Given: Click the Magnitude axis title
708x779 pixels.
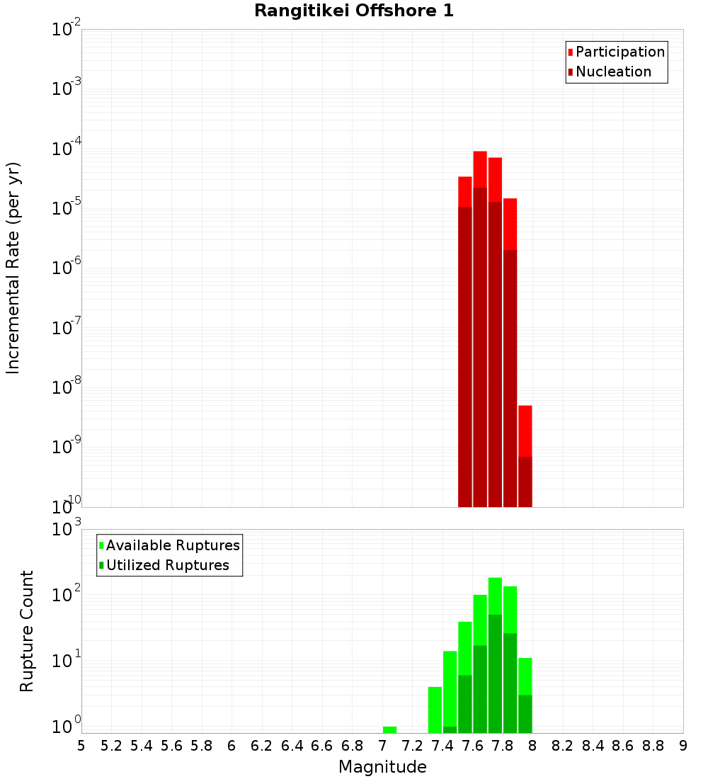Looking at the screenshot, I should tap(382, 767).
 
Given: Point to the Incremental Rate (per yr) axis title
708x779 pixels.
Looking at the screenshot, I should tap(14, 268).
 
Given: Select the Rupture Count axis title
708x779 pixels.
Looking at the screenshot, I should tap(27, 631).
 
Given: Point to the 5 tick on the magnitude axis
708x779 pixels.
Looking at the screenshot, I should tap(81, 746).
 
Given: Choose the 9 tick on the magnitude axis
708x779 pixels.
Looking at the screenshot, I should tap(683, 746).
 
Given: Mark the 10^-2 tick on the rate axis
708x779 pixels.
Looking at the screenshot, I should tap(67, 30).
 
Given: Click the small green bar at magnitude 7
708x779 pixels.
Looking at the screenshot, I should tap(389, 729).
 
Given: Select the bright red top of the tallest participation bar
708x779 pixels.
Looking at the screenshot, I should tap(480, 169).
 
